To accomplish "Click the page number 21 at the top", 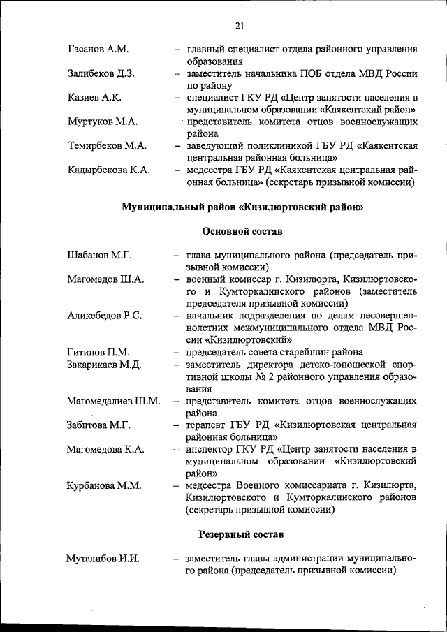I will coord(240,27).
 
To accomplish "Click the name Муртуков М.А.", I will coord(103,122).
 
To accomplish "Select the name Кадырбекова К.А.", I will coord(110,170).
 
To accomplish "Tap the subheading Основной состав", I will coord(242,231).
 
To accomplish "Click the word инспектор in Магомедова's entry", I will coord(212,448).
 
